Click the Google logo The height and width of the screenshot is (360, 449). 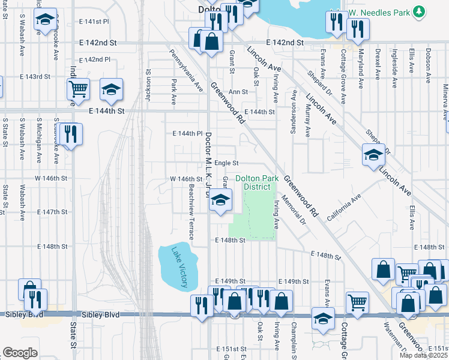pyautogui.click(x=20, y=352)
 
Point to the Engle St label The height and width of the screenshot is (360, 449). pyautogui.click(x=227, y=163)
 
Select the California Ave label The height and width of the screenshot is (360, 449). pyautogui.click(x=343, y=207)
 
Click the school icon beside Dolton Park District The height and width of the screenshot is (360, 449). pyautogui.click(x=220, y=200)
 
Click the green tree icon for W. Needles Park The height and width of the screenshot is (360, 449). pyautogui.click(x=420, y=11)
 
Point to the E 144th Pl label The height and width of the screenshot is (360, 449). pyautogui.click(x=188, y=133)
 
